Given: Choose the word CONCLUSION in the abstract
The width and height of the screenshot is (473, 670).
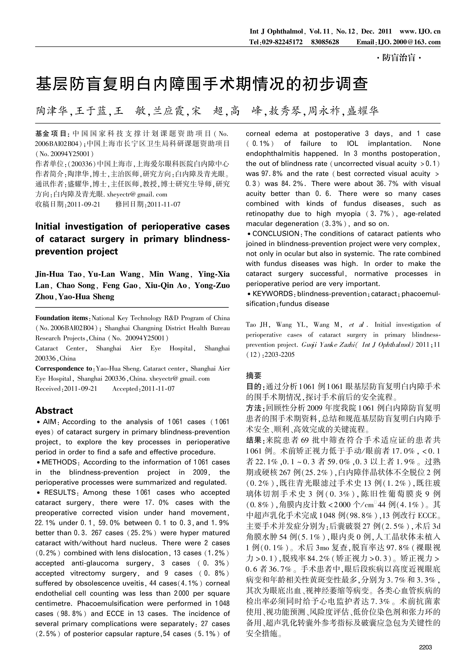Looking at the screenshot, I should [276, 234].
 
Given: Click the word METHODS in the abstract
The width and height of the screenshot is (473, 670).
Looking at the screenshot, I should [59, 462].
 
